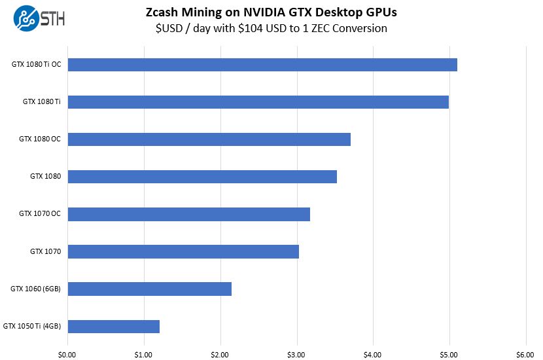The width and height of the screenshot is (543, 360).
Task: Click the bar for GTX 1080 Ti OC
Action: [x=262, y=65]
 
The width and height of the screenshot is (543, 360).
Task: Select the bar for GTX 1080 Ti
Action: [x=258, y=102]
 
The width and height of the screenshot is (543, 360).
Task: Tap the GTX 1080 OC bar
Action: [x=209, y=139]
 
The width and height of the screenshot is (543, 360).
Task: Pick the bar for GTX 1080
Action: [x=202, y=177]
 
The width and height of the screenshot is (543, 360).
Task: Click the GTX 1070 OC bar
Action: [x=188, y=214]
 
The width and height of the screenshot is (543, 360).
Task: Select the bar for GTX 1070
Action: [x=183, y=251]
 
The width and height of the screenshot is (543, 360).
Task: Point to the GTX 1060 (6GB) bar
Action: [x=149, y=289]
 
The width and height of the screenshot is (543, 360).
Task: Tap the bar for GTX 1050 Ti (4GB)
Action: [x=113, y=326]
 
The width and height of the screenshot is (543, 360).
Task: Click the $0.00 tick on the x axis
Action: [x=67, y=354]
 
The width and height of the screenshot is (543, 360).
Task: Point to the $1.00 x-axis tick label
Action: [x=143, y=354]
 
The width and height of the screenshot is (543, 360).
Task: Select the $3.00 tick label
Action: [x=296, y=354]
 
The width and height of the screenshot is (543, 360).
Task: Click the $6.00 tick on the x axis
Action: [x=525, y=354]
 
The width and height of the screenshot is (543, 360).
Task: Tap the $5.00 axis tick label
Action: [x=449, y=354]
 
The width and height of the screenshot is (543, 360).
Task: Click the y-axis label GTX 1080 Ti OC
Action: [x=36, y=65]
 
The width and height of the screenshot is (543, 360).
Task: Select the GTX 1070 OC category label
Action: [x=40, y=214]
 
